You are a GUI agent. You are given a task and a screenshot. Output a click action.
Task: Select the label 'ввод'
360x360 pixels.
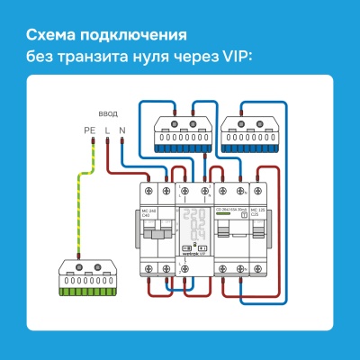[x=108, y=115]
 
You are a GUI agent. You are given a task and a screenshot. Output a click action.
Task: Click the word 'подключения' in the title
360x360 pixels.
[x=135, y=37]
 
